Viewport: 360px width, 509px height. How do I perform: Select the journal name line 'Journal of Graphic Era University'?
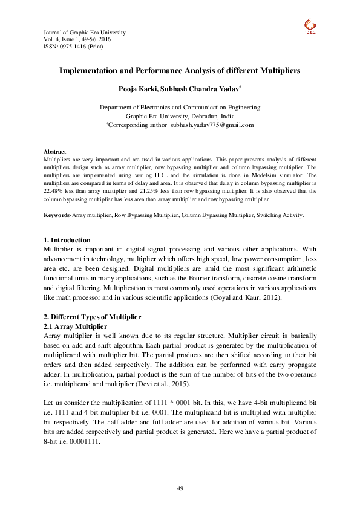[x=85, y=31]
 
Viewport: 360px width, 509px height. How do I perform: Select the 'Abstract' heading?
[x=54, y=151]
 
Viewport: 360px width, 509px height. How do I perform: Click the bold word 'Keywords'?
[x=57, y=215]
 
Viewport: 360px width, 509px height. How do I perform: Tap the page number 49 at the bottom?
[x=180, y=488]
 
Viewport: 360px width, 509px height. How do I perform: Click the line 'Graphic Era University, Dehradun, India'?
[x=180, y=116]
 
